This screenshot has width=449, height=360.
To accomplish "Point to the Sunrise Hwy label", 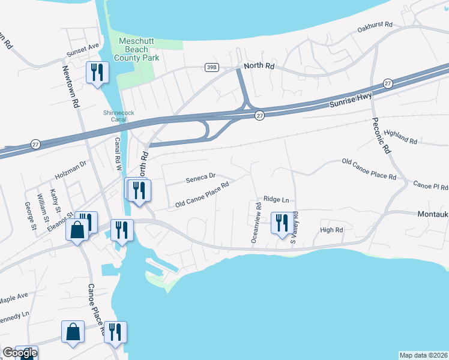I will [351, 100].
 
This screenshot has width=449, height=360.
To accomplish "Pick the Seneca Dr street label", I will [200, 178].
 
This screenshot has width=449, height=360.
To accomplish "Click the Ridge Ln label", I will [276, 199].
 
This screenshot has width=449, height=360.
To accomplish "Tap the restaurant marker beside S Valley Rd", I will [281, 223].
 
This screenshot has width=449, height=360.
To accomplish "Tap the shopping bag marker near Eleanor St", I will [78, 230].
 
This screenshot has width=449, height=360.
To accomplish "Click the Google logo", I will [19, 353].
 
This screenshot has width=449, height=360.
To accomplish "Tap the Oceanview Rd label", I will [256, 223].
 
